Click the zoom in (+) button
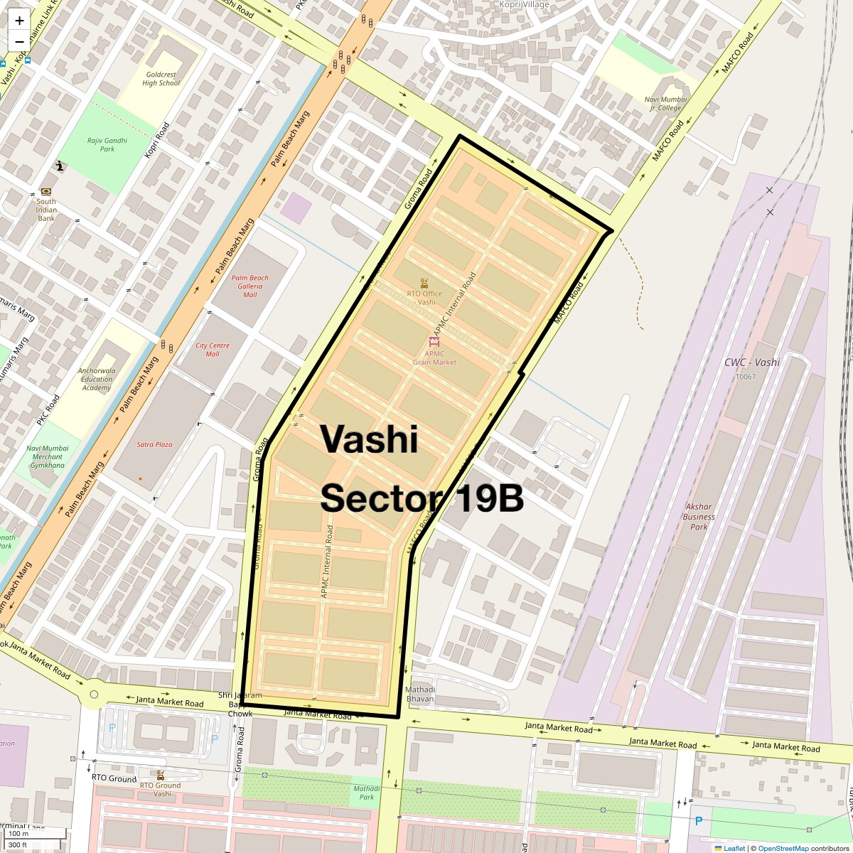coord(19,20)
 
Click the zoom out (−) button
coord(19,41)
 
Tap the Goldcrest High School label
coord(161,78)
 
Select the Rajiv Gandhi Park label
coord(107,145)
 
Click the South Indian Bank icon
coord(46,191)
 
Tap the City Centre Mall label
coord(213,350)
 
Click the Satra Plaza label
coord(154,444)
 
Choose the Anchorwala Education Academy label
coord(97,379)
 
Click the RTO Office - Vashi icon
coord(424,283)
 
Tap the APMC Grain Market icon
coord(434,342)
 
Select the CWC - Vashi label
coord(752,363)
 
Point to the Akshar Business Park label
coord(699,517)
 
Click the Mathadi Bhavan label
coord(420,694)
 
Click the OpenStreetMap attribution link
coord(783,848)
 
